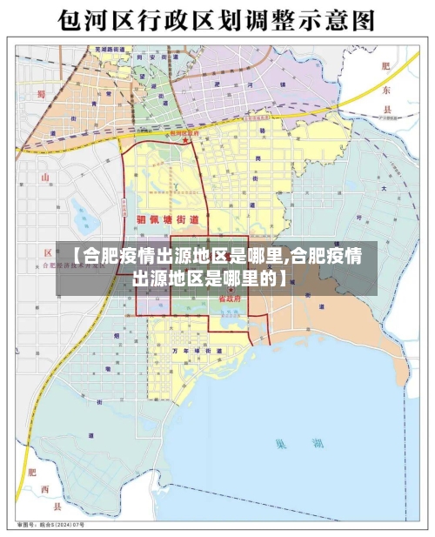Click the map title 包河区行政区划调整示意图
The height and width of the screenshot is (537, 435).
217,19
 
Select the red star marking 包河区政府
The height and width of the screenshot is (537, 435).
184,139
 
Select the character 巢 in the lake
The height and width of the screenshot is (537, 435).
280,444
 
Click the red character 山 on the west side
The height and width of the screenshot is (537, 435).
44,178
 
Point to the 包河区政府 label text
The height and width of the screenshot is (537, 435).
184,132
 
